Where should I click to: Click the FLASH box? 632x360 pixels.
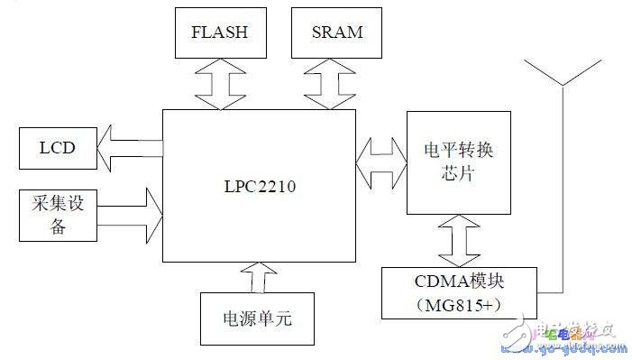(x=218, y=33)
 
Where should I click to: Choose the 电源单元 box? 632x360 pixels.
(x=258, y=319)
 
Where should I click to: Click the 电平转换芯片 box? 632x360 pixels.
(x=458, y=162)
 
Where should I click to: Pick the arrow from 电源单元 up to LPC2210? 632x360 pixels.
(x=258, y=277)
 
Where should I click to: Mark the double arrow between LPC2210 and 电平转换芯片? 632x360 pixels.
(x=380, y=163)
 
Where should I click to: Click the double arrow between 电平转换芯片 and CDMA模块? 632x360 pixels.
(x=458, y=240)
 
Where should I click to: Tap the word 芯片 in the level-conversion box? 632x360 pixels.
(x=458, y=174)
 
